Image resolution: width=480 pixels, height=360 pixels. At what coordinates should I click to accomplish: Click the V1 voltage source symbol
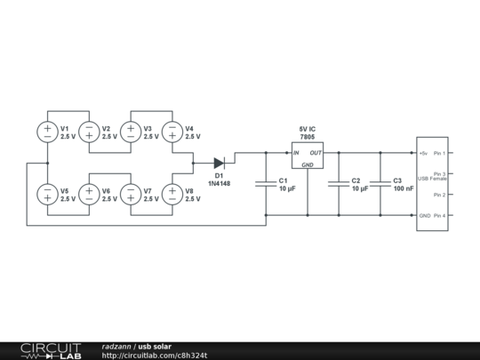pyautogui.click(x=47, y=132)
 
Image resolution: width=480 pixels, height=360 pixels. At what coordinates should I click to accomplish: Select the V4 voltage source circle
pyautogui.click(x=172, y=132)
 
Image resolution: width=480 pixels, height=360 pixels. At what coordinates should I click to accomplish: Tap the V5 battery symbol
pyautogui.click(x=47, y=194)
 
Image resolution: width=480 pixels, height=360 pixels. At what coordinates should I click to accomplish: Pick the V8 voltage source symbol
pyautogui.click(x=172, y=194)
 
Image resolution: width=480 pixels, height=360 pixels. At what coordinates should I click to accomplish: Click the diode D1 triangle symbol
pyautogui.click(x=220, y=163)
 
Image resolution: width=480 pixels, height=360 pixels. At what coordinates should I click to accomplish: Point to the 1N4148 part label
pyautogui.click(x=220, y=183)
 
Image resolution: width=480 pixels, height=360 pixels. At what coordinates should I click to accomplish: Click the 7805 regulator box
pyautogui.click(x=307, y=155)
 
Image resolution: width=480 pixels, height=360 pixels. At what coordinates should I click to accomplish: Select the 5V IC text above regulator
pyautogui.click(x=307, y=130)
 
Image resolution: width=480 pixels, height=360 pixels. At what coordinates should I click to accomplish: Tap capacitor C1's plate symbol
pyautogui.click(x=266, y=184)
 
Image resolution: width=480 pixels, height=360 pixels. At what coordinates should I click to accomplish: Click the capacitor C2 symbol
pyautogui.click(x=339, y=184)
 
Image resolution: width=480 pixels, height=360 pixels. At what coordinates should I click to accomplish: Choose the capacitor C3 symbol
pyautogui.click(x=380, y=184)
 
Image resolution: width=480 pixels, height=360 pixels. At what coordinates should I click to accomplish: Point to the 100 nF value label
pyautogui.click(x=404, y=188)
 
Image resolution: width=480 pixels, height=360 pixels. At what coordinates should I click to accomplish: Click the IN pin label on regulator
pyautogui.click(x=297, y=153)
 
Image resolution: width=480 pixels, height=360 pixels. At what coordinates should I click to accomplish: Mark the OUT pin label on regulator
pyautogui.click(x=316, y=153)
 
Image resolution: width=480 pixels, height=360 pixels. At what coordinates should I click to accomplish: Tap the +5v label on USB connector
pyautogui.click(x=424, y=153)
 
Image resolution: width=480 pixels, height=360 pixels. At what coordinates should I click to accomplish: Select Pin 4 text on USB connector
pyautogui.click(x=439, y=216)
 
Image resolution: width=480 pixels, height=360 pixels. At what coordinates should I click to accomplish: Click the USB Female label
pyautogui.click(x=432, y=179)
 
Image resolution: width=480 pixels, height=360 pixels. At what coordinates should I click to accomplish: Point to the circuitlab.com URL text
pyautogui.click(x=155, y=356)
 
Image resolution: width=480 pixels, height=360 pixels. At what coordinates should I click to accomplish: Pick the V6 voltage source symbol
pyautogui.click(x=89, y=194)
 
